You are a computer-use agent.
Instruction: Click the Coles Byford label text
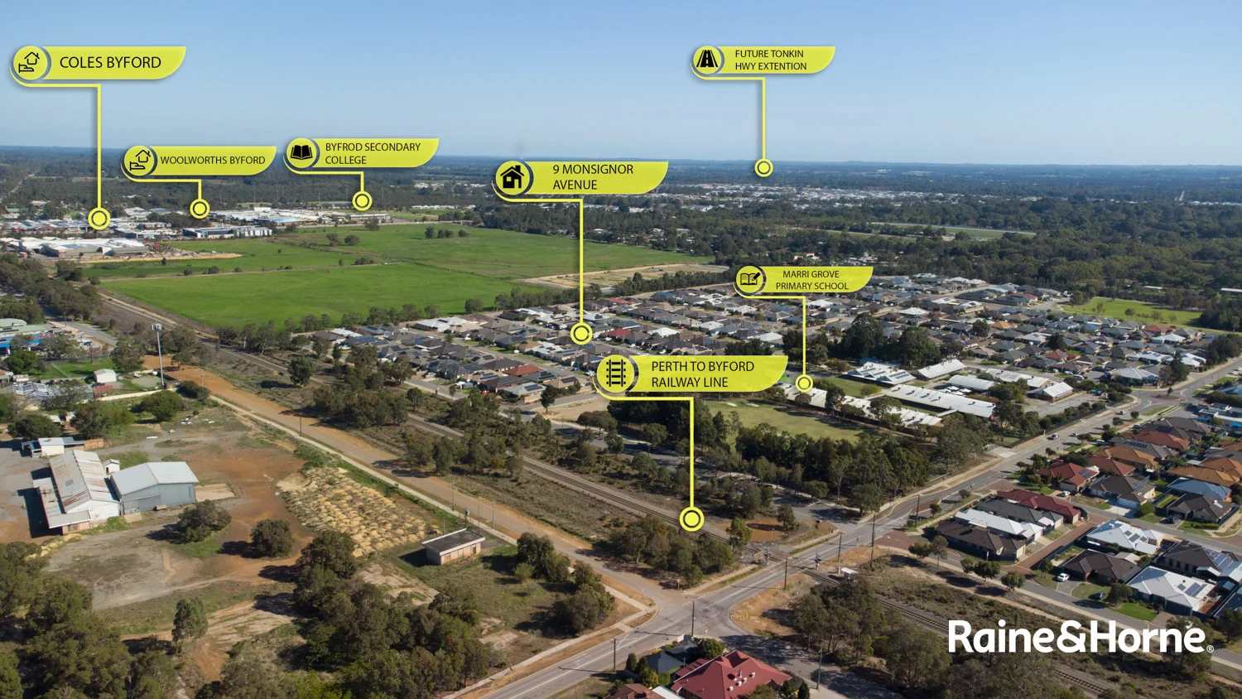click(110, 63)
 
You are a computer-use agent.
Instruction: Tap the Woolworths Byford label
click(212, 161)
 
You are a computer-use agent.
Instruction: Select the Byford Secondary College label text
click(372, 153)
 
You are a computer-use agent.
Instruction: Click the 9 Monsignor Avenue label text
click(592, 177)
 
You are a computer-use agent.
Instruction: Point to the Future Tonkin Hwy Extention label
click(770, 60)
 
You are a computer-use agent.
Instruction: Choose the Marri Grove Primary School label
click(811, 280)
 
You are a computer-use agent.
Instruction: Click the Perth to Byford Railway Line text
click(701, 374)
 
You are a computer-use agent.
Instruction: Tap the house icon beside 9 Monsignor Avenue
click(513, 178)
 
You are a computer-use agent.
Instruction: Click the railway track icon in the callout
click(615, 374)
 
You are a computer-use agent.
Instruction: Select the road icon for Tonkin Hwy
click(707, 59)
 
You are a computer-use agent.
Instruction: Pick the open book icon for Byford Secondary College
click(301, 153)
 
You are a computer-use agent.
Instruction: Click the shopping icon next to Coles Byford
click(30, 63)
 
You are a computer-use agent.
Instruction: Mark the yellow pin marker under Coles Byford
click(99, 219)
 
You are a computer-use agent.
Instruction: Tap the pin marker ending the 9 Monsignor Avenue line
click(581, 334)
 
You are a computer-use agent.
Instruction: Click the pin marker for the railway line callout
click(691, 519)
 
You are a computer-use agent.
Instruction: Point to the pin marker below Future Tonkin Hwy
click(763, 168)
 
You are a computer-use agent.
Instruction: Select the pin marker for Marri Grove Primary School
click(804, 383)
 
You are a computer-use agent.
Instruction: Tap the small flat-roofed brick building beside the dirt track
click(452, 547)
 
